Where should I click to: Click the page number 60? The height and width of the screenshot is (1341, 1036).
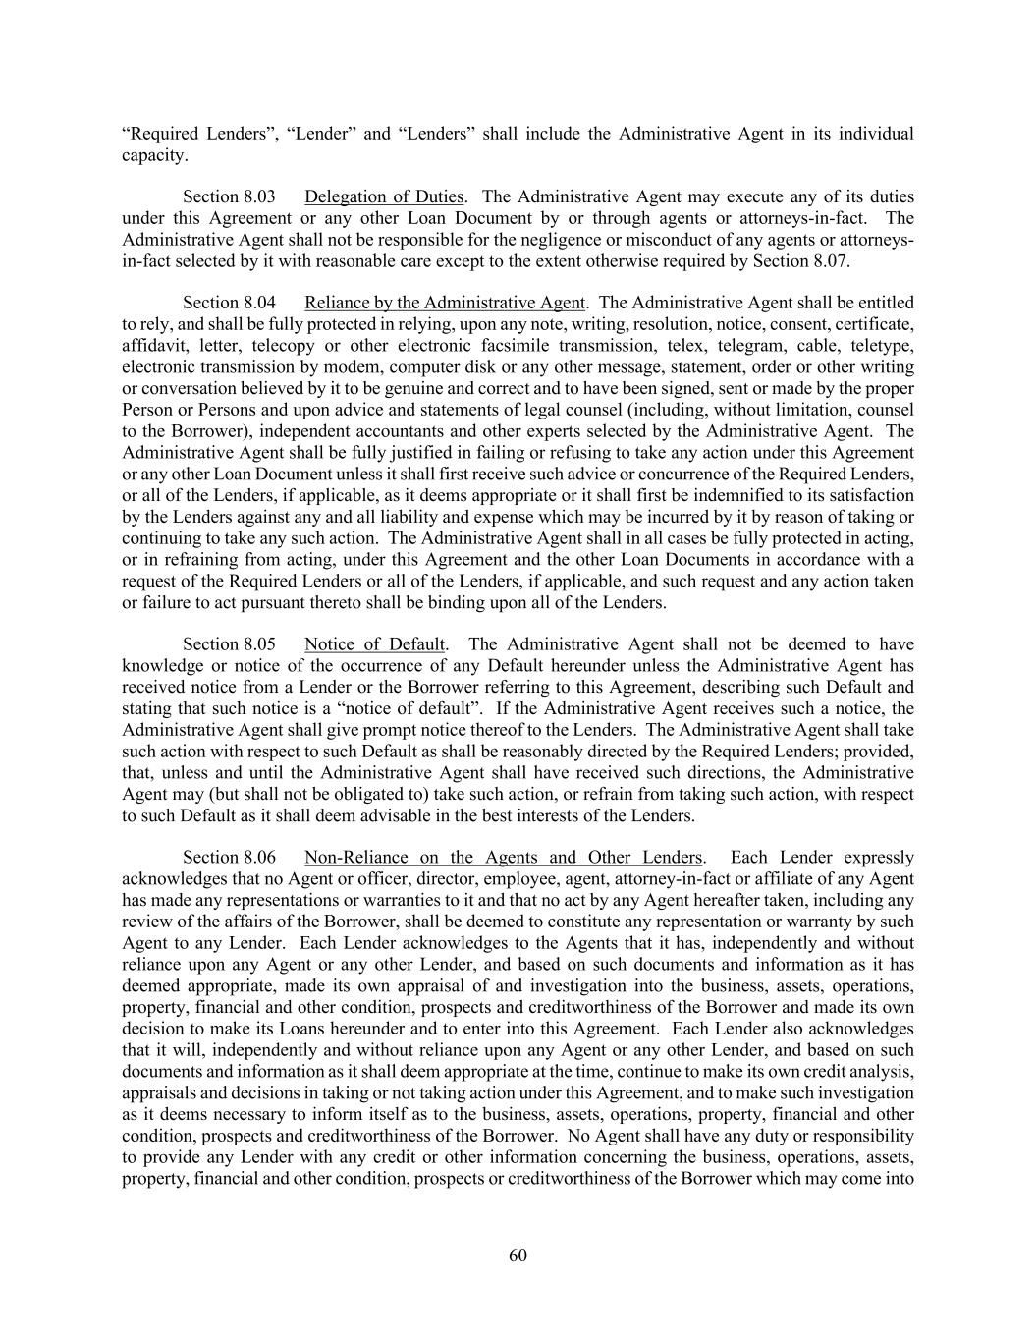(x=518, y=1255)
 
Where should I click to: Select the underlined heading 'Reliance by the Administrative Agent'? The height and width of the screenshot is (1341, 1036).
(x=445, y=303)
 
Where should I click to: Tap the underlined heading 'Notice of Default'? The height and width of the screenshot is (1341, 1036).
(x=375, y=644)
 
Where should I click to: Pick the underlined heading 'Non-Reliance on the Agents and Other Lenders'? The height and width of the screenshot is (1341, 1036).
(x=504, y=858)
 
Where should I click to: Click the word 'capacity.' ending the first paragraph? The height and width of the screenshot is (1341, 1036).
(x=154, y=155)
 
